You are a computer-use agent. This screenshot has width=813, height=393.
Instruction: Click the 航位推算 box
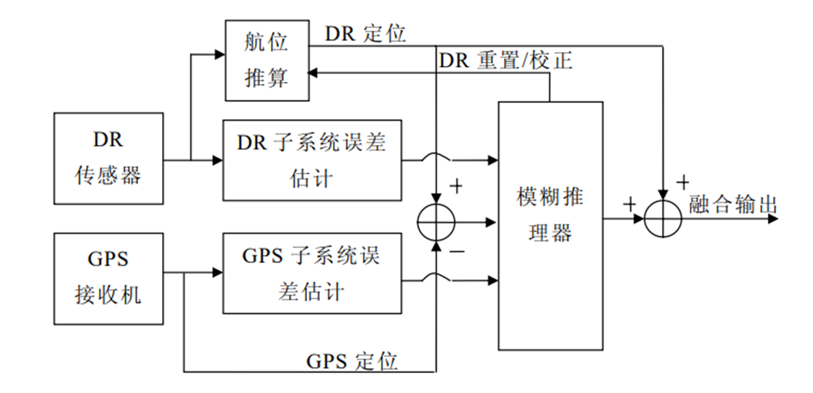(x=267, y=60)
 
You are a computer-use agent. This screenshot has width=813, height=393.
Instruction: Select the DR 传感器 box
(x=109, y=159)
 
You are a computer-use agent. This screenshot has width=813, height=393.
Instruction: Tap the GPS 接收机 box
(x=109, y=278)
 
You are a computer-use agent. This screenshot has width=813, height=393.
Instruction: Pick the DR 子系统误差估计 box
(x=312, y=161)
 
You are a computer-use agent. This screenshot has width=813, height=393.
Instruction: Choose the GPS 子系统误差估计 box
(x=312, y=273)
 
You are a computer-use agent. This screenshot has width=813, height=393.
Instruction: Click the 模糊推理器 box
(x=550, y=226)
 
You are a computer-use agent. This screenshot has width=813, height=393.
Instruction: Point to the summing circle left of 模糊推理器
(x=436, y=221)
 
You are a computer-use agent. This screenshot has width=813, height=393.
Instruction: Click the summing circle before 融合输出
(x=663, y=219)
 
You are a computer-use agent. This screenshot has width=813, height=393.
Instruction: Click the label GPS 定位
(x=352, y=361)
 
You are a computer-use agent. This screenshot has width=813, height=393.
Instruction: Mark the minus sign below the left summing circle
(x=456, y=253)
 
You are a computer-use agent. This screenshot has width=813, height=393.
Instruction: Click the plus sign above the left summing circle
(x=455, y=186)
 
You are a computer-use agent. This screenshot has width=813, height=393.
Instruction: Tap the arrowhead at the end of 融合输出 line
(x=773, y=219)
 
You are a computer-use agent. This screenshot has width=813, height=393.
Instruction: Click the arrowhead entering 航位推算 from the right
(x=313, y=72)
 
